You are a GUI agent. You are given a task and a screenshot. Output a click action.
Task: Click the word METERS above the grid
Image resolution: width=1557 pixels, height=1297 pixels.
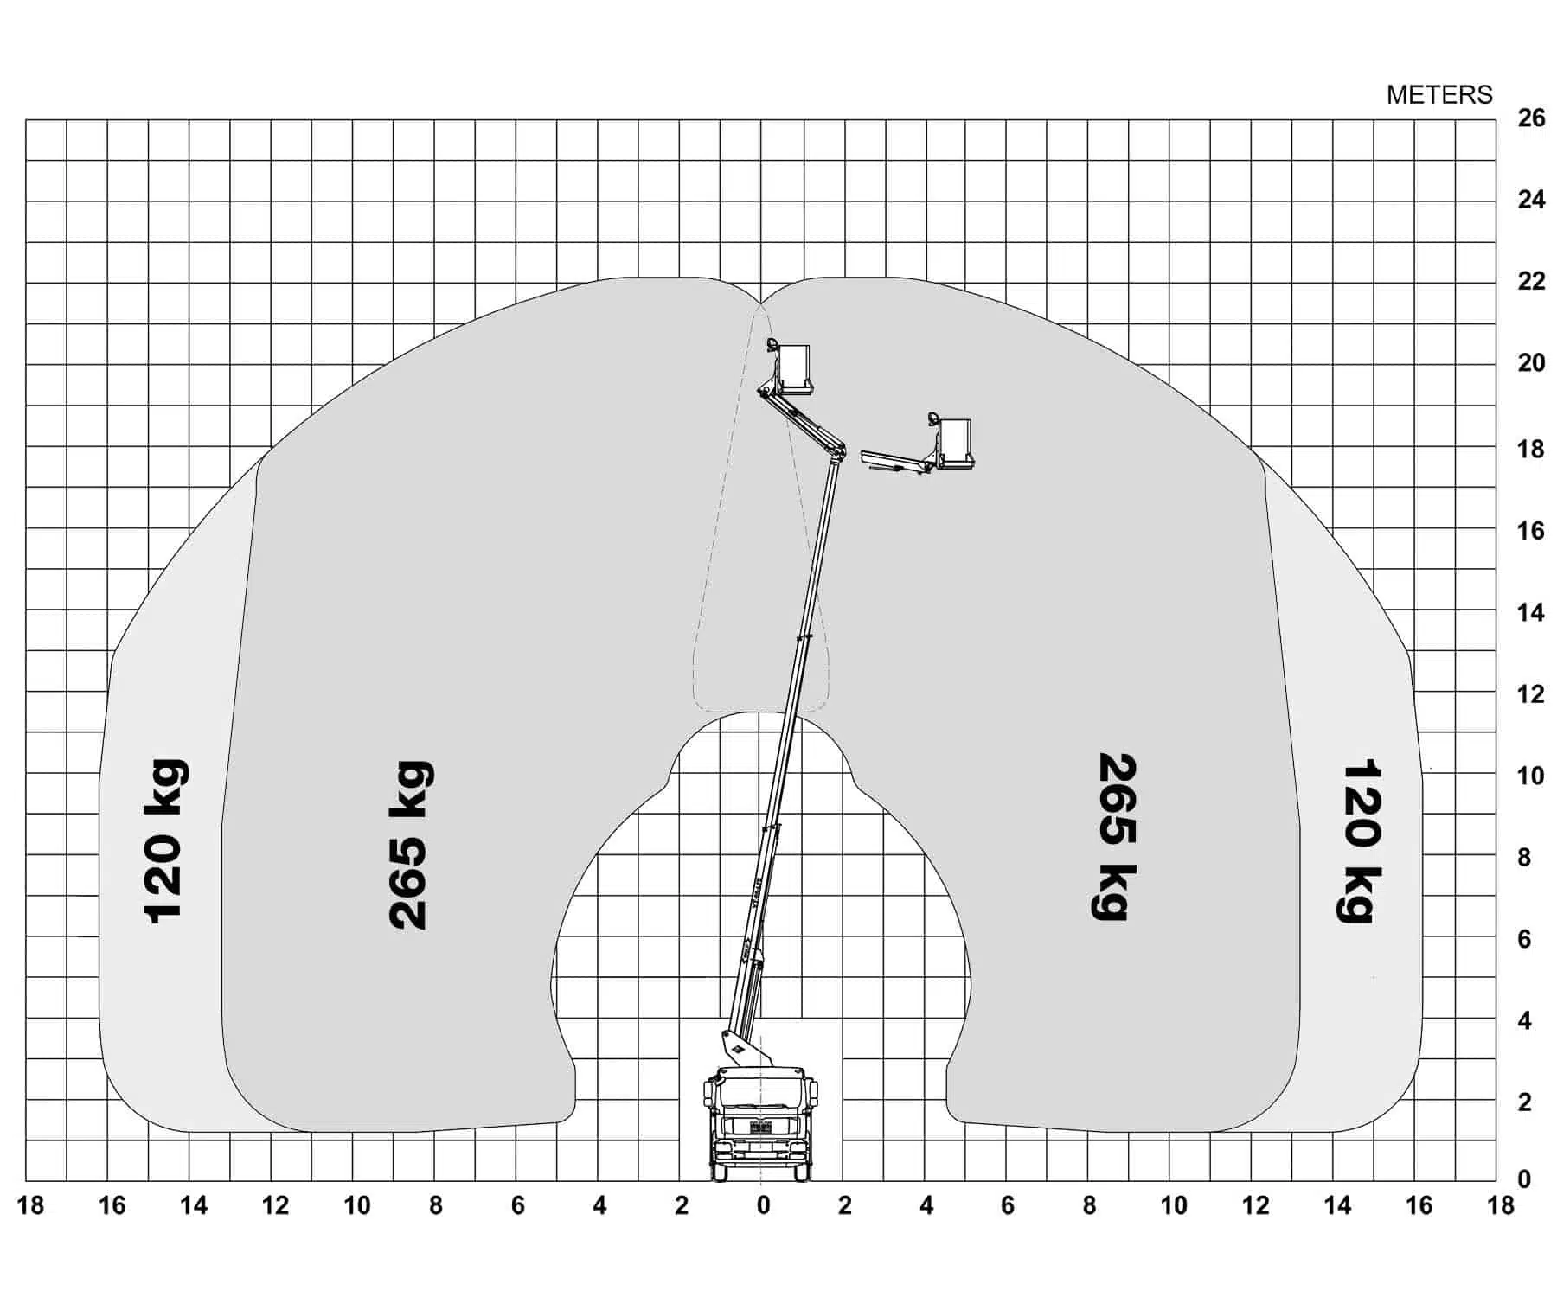1439,95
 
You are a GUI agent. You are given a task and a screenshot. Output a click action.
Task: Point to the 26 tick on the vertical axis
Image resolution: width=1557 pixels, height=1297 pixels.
1531,118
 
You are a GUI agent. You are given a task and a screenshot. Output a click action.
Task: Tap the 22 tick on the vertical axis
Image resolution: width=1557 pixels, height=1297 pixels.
1531,281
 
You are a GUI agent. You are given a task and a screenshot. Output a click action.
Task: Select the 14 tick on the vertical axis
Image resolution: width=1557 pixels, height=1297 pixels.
1531,613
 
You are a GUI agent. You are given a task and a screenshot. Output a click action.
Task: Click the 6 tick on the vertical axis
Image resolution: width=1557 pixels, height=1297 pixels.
1525,939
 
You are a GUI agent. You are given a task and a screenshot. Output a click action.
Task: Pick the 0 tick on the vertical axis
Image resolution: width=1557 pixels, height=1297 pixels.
1525,1179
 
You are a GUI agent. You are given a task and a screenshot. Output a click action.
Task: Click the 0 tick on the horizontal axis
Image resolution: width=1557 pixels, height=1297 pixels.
763,1205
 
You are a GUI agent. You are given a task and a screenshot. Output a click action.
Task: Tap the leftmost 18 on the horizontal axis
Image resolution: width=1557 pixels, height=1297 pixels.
30,1205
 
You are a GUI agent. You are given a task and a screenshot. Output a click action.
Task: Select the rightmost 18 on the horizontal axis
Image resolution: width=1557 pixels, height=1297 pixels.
1501,1205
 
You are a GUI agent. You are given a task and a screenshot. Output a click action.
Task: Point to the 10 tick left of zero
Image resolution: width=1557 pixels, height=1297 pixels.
356,1205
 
